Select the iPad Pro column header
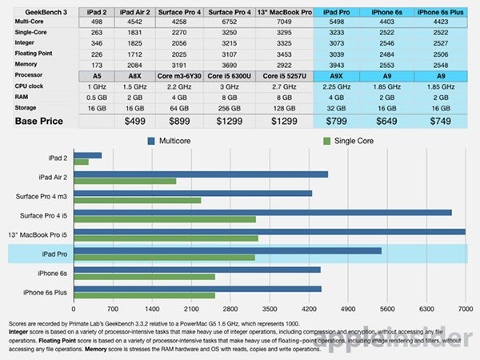pos(335,13)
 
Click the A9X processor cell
pos(335,74)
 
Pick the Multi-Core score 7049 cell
pos(284,22)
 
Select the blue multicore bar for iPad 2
pos(87,155)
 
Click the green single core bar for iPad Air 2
pos(124,182)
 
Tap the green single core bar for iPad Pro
pos(164,258)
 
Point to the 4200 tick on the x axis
pos(309,307)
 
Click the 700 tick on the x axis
pos(113,307)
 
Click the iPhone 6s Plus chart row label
pos(47,293)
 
